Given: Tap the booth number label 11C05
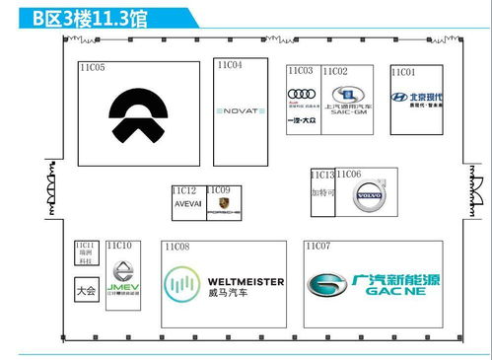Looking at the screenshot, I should point(93,68).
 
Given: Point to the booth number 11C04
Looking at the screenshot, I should point(228,65).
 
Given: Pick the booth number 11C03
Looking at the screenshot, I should point(301,71).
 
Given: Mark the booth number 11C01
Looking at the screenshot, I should point(403,72).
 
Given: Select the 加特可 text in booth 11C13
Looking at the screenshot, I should point(323,192).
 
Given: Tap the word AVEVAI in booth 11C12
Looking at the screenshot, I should point(187,203).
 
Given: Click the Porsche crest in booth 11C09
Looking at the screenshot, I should point(218,207).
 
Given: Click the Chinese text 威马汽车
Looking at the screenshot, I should point(228,294).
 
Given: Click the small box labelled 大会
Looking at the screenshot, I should point(86,292).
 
